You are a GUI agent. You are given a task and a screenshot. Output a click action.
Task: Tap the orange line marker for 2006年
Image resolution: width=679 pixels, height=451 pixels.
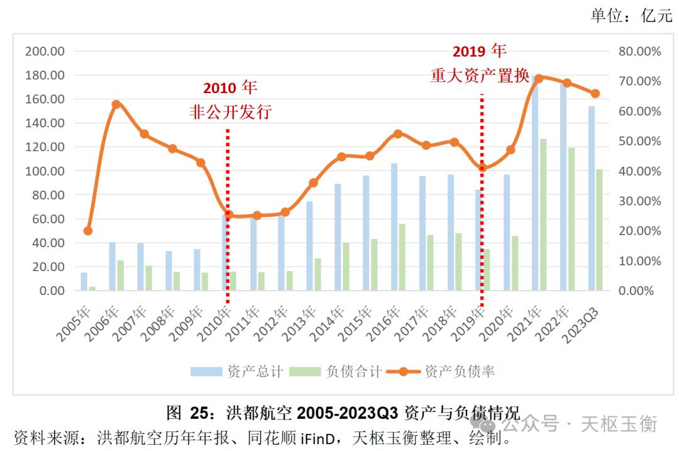pos(116,104)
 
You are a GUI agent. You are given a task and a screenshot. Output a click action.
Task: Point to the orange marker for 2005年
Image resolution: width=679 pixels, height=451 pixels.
pos(88,231)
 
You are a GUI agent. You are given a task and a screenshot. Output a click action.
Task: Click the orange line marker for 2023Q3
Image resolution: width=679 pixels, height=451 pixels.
pos(595,94)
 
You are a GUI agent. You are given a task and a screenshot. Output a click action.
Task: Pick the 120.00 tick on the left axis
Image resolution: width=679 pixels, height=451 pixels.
pos(45,147)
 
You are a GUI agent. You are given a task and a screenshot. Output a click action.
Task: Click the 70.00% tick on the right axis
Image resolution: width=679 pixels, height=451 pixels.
pos(640,81)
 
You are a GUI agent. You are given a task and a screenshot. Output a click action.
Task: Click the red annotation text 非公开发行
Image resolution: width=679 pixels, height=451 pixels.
pos(230,113)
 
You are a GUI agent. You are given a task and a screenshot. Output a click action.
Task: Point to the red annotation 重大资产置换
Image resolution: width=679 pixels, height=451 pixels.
pos(480,75)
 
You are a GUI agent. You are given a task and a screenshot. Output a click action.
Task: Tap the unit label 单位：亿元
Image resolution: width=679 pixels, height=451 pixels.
pos(631,16)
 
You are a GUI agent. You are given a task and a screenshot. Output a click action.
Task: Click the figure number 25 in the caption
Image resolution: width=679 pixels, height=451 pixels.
pos(199,413)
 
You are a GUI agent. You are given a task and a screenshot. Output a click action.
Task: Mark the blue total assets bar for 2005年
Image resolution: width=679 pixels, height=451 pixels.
pos(84,281)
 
